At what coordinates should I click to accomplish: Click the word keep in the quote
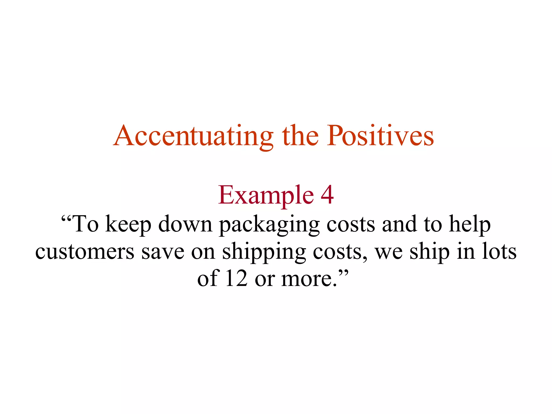(x=128, y=225)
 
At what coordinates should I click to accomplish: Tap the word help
(x=470, y=225)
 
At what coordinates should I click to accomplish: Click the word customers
(x=85, y=252)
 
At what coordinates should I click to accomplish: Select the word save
(x=163, y=252)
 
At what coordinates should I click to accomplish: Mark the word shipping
(x=264, y=252)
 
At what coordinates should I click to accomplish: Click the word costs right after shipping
(x=340, y=252)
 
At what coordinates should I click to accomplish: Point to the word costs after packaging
(x=351, y=225)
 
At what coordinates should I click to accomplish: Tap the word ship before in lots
(x=430, y=252)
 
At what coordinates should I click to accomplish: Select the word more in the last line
(x=308, y=279)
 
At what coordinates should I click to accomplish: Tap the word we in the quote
(x=389, y=252)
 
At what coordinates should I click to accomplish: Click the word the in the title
(x=300, y=136)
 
